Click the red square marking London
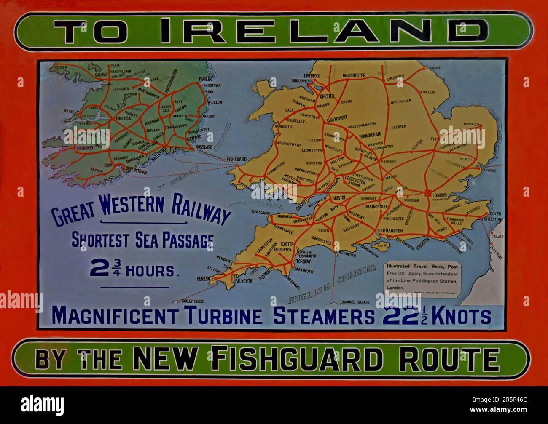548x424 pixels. pyautogui.click(x=428, y=193)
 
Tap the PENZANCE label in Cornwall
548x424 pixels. pyautogui.click(x=205, y=279)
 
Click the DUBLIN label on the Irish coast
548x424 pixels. pyautogui.click(x=206, y=79)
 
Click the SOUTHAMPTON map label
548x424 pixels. pyautogui.click(x=391, y=231)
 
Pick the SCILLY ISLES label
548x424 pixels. pyautogui.click(x=192, y=301)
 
